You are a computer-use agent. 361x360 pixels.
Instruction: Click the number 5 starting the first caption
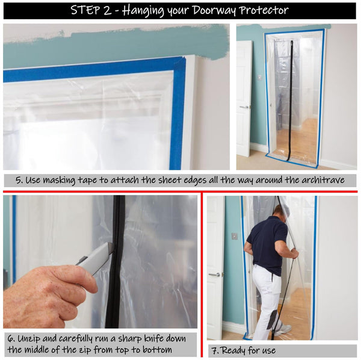point(19,180)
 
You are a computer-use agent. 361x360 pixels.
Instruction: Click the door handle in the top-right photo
point(244,107)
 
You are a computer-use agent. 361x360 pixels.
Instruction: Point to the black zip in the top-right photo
point(291,96)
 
